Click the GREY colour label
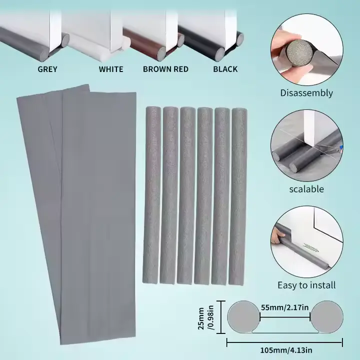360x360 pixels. pyautogui.click(x=47, y=69)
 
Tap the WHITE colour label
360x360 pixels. pyautogui.click(x=111, y=69)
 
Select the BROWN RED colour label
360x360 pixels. pyautogui.click(x=165, y=69)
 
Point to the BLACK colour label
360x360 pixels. pyautogui.click(x=225, y=69)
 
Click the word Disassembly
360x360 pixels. pyautogui.click(x=306, y=93)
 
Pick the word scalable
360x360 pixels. pyautogui.click(x=306, y=189)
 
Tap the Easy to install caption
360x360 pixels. pyautogui.click(x=306, y=285)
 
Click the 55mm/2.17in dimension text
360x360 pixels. pyautogui.click(x=284, y=307)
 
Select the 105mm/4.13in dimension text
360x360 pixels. pyautogui.click(x=286, y=350)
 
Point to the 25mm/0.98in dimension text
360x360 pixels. pyautogui.click(x=205, y=318)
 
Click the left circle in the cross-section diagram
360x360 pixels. pyautogui.click(x=244, y=317)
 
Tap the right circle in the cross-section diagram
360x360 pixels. pyautogui.click(x=326, y=317)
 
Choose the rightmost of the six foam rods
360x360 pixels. pyautogui.click(x=237, y=196)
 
